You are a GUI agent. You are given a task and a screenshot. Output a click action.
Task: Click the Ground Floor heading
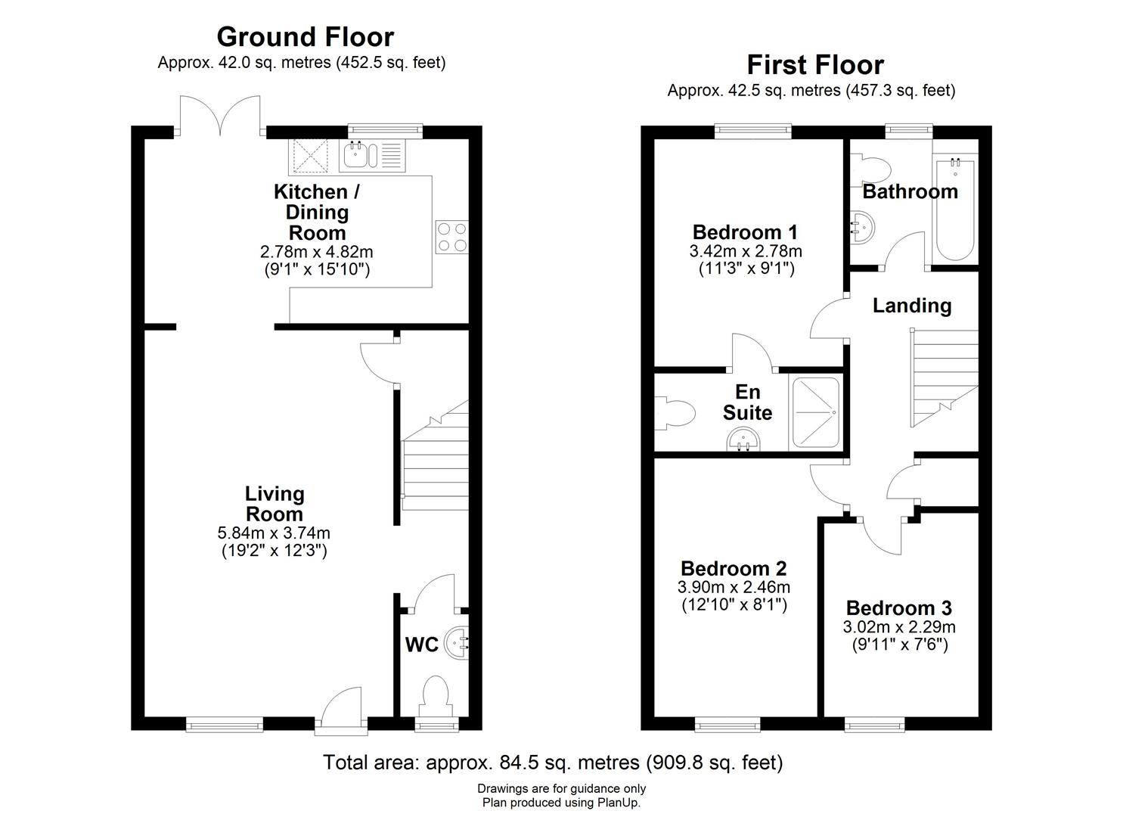(x=305, y=36)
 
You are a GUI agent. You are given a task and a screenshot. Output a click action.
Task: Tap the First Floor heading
(x=815, y=64)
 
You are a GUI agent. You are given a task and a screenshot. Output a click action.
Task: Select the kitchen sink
(x=360, y=155)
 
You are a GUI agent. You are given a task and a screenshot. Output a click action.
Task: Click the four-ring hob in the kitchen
(x=451, y=236)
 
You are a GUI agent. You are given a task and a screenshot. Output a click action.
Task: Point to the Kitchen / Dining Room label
(x=316, y=212)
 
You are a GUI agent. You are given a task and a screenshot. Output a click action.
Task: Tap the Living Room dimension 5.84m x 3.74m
(x=274, y=533)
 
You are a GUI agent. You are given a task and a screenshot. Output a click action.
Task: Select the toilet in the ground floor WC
(x=436, y=695)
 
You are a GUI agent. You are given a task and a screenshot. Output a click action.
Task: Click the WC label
(x=421, y=645)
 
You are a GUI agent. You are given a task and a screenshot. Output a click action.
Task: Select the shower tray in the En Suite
(x=815, y=413)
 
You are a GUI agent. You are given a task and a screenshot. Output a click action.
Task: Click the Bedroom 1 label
(x=745, y=231)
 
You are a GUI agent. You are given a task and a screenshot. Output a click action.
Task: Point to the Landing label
(x=911, y=306)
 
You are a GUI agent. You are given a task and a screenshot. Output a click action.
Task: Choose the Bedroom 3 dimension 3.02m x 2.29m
(x=899, y=627)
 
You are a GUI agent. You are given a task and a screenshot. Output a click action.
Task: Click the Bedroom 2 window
(x=724, y=725)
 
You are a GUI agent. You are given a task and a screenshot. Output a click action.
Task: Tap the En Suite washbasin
(x=742, y=440)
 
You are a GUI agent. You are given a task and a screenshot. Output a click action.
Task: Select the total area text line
(x=553, y=762)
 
